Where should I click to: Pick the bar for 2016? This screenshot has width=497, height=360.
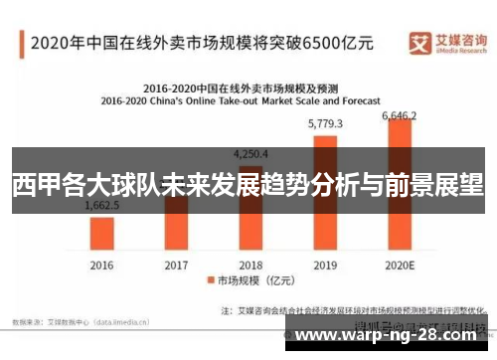pos(101,235)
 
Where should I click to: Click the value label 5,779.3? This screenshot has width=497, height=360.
pos(325,123)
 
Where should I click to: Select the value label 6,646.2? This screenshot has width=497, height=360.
pos(400,115)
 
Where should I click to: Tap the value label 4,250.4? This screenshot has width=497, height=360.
pos(250,154)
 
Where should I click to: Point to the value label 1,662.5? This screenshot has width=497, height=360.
pos(101,205)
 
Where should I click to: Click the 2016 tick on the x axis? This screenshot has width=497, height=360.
pos(101,266)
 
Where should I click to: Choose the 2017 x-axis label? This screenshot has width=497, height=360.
pos(176,266)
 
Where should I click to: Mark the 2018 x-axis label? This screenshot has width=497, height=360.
pos(250,266)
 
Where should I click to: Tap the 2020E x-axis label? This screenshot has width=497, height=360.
pos(400,266)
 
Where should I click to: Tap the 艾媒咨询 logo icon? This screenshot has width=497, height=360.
pos(420,42)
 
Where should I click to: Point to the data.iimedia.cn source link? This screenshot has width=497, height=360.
pos(122,321)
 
